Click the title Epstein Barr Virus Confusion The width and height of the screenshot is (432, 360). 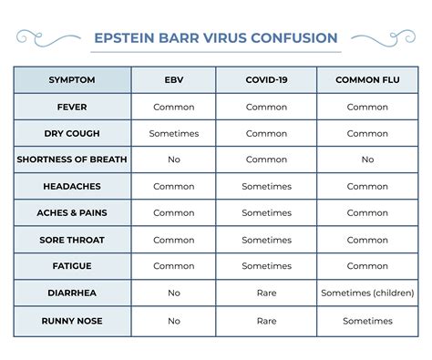tap(216, 38)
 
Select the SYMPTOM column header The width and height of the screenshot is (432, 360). tap(72, 80)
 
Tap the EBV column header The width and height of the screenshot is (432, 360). tap(174, 80)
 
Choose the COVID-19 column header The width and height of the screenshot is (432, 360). tap(266, 80)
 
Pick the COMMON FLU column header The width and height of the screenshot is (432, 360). tap(367, 80)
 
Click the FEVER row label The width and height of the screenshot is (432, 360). tap(72, 107)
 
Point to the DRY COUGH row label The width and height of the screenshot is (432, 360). tap(72, 133)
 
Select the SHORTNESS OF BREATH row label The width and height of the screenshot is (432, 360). tap(72, 159)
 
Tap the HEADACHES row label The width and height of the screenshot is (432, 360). tap(72, 186)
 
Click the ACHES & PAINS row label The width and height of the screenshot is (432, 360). tap(72, 213)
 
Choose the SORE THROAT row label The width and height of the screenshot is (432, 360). tap(72, 240)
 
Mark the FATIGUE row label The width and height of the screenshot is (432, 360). tap(72, 266)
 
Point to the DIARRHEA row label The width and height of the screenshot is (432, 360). tap(72, 293)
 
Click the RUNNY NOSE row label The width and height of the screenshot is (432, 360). tap(72, 321)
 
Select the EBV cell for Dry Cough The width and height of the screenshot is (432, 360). tap(174, 133)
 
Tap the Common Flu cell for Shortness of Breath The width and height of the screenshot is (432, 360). tap(367, 159)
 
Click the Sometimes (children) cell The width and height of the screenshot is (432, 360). tap(367, 293)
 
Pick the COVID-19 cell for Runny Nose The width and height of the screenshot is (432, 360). tap(266, 321)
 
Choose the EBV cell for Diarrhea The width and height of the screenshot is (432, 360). tap(174, 293)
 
